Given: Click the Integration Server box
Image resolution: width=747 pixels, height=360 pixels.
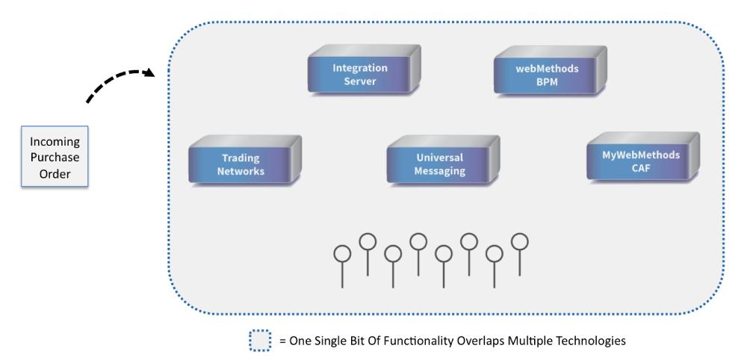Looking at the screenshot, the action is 364,69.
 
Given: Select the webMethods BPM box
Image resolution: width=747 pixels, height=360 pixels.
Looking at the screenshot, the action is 551,70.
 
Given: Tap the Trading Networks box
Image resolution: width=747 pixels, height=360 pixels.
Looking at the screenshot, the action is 245,160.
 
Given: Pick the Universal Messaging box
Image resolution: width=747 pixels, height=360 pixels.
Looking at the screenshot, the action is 443,160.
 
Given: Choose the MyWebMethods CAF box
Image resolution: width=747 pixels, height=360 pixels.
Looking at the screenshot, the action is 643,157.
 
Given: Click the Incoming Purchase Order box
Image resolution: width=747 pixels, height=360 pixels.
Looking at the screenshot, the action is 55,156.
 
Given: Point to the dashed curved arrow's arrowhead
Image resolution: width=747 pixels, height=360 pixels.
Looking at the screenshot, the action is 149,72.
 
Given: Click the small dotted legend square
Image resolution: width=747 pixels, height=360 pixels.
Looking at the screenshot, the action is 260,341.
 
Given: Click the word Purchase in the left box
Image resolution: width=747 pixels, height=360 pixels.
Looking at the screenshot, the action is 55,157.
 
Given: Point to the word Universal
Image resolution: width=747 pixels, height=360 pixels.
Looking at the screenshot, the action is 440,158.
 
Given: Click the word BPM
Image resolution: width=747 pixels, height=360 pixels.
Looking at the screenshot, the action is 547,81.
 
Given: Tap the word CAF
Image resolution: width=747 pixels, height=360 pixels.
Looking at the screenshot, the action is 641,168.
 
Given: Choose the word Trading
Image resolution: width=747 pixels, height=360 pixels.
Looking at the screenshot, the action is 241,158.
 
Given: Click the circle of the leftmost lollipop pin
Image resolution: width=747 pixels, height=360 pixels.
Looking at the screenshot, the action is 342,254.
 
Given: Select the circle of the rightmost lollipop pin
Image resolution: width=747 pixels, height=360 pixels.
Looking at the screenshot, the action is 519,241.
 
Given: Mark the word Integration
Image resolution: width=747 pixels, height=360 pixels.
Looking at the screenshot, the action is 360,68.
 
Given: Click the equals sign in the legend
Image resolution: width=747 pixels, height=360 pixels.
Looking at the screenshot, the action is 282,341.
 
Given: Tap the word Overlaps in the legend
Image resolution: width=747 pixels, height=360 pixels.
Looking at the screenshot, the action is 480,341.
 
